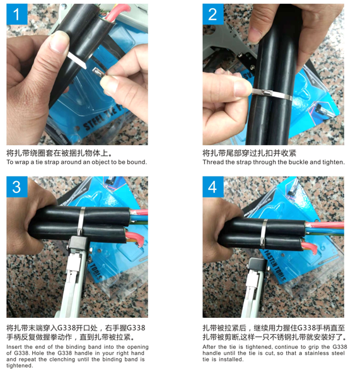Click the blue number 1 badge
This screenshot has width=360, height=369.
(17, 15)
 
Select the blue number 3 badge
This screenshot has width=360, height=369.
(17, 187)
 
